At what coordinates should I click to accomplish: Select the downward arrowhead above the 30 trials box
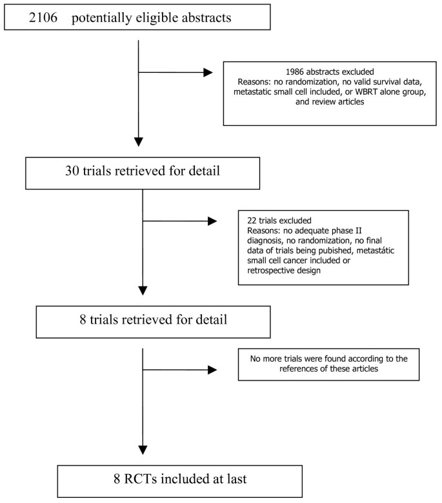coord(139,141)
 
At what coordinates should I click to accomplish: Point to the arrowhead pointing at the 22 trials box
coord(212,222)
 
